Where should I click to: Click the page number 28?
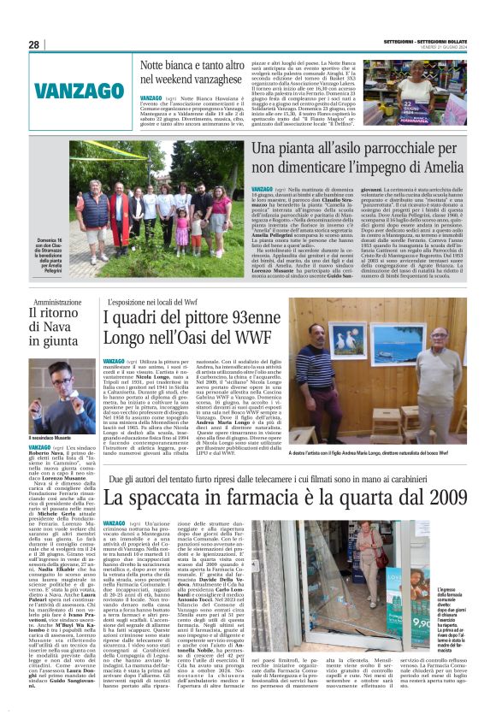(x=34, y=44)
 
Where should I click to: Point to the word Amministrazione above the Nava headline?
(x=57, y=302)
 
